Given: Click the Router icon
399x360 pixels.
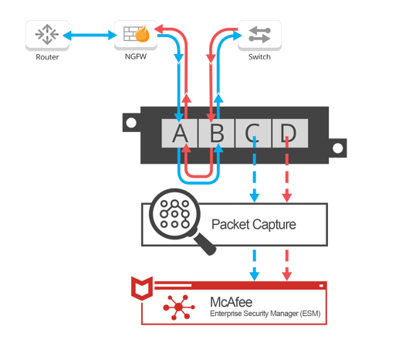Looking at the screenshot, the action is (x=47, y=35).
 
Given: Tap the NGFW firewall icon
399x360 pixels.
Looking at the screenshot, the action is (x=136, y=34).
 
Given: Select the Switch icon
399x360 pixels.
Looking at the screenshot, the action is (x=259, y=35).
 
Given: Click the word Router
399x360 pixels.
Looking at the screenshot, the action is (x=47, y=57).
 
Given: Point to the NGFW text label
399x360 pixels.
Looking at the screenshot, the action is (x=136, y=56).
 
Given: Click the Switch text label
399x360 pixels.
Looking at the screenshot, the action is (x=259, y=56).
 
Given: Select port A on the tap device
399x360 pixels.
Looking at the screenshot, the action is (x=180, y=133).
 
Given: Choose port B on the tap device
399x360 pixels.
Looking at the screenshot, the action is (x=216, y=133).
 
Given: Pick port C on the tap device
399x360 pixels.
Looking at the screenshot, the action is (x=253, y=133).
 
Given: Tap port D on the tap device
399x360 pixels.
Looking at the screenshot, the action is (x=290, y=133).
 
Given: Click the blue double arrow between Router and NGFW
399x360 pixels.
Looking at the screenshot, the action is (x=90, y=36).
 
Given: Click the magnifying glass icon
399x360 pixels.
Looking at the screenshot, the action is (x=180, y=219).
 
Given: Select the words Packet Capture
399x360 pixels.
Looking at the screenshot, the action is (x=254, y=225).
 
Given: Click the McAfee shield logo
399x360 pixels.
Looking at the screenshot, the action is (x=142, y=288).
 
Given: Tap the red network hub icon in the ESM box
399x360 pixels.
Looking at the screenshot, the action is (x=179, y=307).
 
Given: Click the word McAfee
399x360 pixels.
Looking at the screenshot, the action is (x=231, y=302).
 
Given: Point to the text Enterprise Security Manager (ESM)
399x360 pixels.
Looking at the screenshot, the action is (x=265, y=314).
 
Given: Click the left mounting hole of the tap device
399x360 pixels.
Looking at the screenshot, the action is (x=131, y=123).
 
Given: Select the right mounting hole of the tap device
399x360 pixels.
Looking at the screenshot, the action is (x=338, y=148).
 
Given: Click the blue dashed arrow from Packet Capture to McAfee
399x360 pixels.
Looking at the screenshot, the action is (x=255, y=265).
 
